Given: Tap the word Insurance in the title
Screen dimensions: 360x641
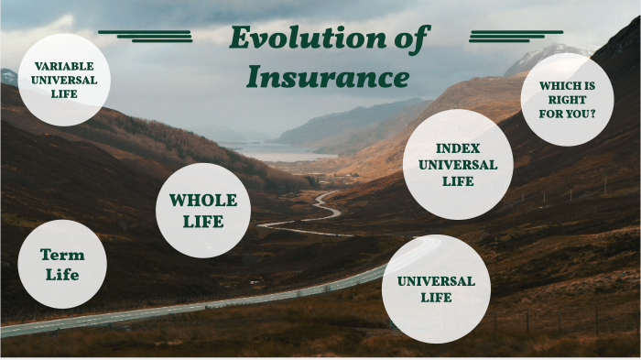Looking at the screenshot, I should point(328,77).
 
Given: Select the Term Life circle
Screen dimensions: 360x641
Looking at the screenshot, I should point(61,265).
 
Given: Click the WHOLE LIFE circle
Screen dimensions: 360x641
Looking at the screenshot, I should point(202,211).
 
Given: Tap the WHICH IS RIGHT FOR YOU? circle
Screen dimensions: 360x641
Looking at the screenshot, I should point(566,100).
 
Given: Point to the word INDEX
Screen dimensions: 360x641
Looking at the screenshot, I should point(458,148).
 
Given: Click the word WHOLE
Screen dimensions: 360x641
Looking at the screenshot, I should point(202,201).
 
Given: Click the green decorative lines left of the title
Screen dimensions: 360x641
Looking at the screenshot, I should point(147,36).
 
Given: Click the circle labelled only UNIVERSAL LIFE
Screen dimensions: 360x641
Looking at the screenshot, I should point(436,289).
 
